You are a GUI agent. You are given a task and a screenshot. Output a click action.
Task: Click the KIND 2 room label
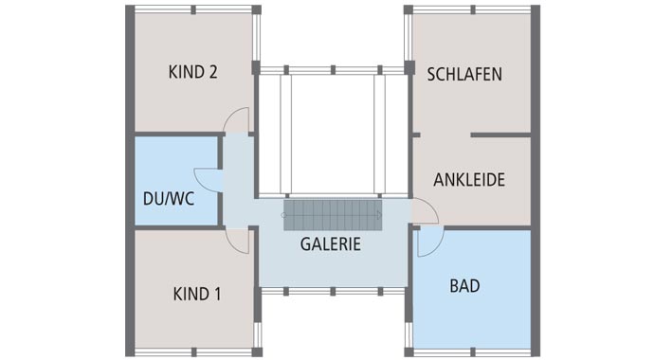193,73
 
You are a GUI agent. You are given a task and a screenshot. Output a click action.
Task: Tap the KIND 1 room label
197,294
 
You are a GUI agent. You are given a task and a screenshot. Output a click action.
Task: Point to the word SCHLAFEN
464,74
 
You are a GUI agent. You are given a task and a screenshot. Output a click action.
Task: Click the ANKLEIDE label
469,180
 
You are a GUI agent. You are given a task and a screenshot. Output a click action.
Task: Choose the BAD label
465,284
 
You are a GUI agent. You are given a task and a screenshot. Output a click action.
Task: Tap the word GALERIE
331,243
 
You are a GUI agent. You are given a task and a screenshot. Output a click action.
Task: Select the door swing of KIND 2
238,121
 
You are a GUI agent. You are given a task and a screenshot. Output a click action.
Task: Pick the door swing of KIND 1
238,241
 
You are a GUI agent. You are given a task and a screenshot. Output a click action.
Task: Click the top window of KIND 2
193,9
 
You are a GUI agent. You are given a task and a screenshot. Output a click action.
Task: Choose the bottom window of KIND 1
193,352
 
